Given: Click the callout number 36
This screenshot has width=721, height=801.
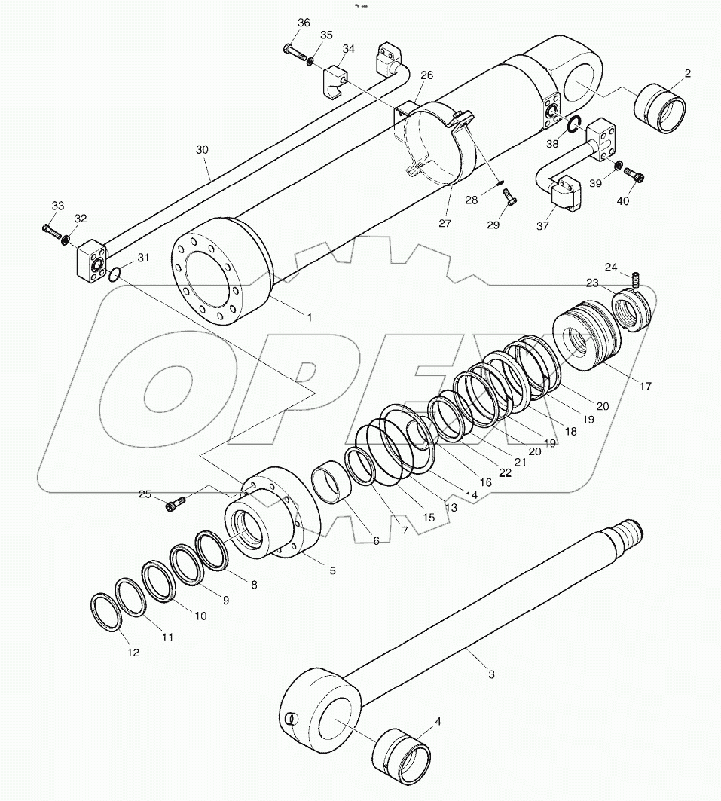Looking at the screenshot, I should click(x=303, y=23).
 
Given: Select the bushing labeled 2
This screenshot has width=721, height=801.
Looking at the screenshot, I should click(x=660, y=110).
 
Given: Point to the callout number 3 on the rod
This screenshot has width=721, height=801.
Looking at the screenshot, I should click(x=490, y=674).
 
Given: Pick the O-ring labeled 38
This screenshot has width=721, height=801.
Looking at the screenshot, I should click(x=573, y=125).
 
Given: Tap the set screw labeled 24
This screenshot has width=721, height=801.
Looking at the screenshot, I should click(x=635, y=279).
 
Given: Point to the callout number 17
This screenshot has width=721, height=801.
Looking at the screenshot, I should click(x=646, y=387).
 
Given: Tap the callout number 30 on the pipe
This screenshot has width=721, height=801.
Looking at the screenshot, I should click(x=202, y=150).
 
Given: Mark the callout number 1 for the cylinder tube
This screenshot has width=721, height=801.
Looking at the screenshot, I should click(x=309, y=317).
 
